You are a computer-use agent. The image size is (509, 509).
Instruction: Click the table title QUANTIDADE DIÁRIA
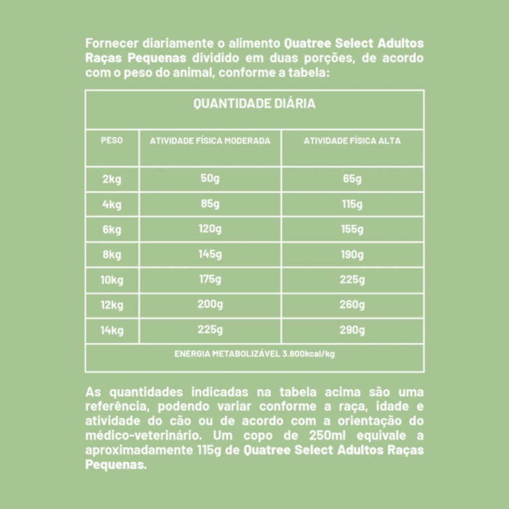(x=254, y=104)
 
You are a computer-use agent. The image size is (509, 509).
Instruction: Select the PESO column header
(x=112, y=141)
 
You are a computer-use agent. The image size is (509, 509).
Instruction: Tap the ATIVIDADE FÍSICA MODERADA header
(x=210, y=141)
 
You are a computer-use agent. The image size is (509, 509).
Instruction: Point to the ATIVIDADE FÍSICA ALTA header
(x=352, y=141)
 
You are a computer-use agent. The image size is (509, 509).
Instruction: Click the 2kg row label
(x=112, y=179)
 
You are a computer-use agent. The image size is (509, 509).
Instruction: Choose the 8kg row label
(x=112, y=255)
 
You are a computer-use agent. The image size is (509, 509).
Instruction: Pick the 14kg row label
(x=112, y=330)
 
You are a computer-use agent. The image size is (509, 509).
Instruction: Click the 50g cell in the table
(x=210, y=178)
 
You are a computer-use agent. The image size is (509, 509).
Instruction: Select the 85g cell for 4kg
(x=210, y=204)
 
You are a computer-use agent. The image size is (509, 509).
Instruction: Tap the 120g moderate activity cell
(x=210, y=229)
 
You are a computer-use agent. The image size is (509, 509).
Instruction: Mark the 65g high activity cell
(x=352, y=179)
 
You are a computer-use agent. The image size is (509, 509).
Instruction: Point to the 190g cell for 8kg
(x=352, y=255)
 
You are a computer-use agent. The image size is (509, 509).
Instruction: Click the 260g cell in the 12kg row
(x=352, y=305)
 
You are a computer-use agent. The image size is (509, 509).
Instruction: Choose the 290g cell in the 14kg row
(x=352, y=330)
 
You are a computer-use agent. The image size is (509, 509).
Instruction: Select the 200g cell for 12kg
(x=210, y=304)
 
